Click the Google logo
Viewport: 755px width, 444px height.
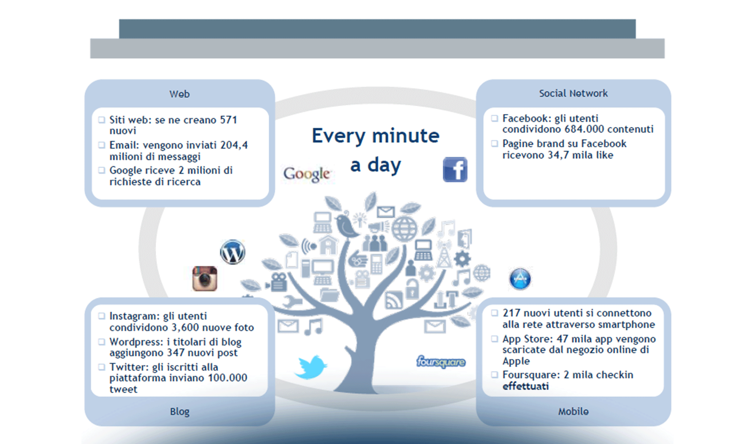[x=306, y=174]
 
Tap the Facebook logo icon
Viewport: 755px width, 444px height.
[x=455, y=170]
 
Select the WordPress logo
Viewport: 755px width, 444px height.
[x=232, y=252]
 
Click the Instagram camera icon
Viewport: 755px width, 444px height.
[x=205, y=279]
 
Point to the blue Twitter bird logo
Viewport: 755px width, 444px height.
[x=311, y=367]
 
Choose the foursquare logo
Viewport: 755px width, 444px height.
[x=441, y=362]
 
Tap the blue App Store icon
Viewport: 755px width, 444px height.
[x=520, y=279]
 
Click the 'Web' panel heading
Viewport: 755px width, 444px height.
[x=179, y=94]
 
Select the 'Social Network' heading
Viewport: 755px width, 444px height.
[x=573, y=94]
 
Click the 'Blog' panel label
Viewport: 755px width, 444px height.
[x=179, y=411]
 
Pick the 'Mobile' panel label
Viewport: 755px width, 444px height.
[x=573, y=411]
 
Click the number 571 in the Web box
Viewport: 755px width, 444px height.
[x=228, y=120]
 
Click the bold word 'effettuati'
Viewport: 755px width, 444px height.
[x=526, y=387]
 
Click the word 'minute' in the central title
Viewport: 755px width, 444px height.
[x=406, y=136]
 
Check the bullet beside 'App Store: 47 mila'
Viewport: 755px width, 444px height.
[x=494, y=339]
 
